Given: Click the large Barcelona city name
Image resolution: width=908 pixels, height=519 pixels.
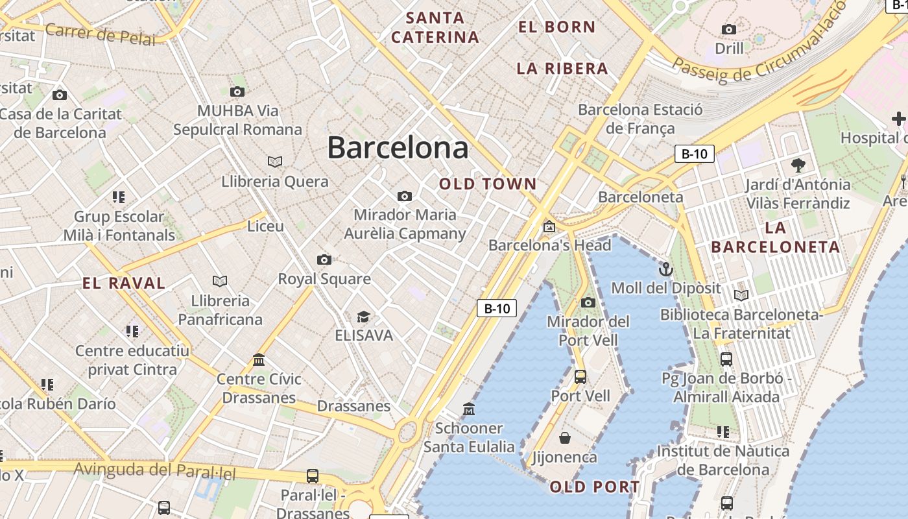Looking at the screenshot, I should tap(398, 148).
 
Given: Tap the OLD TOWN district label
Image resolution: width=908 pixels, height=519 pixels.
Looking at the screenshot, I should tap(488, 184).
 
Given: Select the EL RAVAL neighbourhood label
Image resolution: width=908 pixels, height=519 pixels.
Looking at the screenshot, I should tap(124, 283).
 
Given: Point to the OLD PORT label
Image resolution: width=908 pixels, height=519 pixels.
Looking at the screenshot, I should tap(595, 487).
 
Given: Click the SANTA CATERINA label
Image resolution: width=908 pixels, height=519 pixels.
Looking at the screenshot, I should tap(435, 27).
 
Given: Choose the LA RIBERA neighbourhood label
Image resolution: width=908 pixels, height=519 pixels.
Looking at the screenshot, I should tap(562, 69).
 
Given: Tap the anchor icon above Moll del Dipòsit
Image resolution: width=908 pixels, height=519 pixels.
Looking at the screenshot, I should tap(666, 269).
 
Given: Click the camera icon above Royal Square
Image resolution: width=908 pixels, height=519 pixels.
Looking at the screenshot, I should tap(324, 260).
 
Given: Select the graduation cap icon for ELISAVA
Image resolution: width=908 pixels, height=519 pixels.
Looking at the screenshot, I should tap(363, 317).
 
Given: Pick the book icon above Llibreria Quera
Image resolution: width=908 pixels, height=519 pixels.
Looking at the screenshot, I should tap(275, 162).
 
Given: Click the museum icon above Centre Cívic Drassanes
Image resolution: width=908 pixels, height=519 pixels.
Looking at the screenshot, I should tap(259, 359).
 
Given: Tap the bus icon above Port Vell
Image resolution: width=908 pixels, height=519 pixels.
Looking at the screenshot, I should tap(580, 376).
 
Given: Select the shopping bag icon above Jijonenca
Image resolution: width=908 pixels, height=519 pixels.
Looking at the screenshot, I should tap(565, 438).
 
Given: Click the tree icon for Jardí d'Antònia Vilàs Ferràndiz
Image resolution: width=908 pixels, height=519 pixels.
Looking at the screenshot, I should tap(798, 165).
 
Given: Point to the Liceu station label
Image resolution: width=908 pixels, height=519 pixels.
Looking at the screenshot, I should tap(266, 226).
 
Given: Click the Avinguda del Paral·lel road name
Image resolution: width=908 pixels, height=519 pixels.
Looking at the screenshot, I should tap(155, 470).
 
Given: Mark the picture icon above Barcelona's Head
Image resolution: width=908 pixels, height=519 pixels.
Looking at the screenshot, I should tap(549, 226).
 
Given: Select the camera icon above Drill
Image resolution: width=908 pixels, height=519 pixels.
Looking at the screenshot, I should tap(729, 29).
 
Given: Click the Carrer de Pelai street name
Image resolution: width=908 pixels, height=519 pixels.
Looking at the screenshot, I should tap(101, 34).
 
